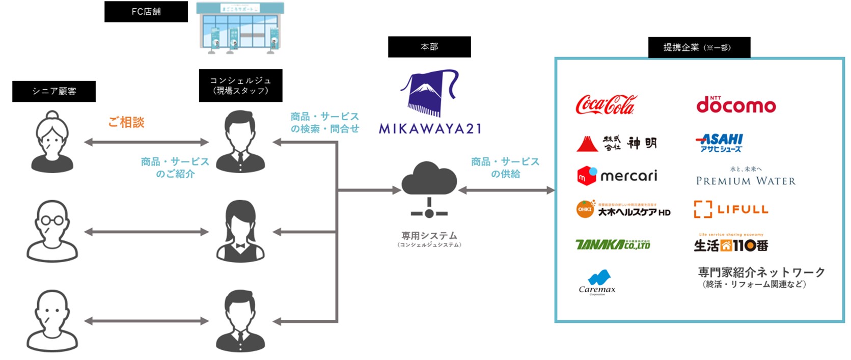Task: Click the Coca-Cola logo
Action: coord(606,104)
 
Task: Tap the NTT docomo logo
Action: coord(736,104)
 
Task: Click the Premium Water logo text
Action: coord(746,180)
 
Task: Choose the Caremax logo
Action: coord(597,282)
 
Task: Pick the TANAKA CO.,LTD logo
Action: coord(613,245)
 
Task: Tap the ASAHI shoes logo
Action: coord(719,143)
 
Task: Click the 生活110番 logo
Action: coord(731,245)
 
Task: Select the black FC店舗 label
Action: coord(146,12)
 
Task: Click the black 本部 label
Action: coord(429,47)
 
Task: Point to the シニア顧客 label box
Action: coord(54,91)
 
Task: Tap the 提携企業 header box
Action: coord(699,47)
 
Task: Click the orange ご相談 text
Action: coord(126,122)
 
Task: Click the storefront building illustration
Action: coord(240,28)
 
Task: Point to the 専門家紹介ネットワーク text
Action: coord(761,272)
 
